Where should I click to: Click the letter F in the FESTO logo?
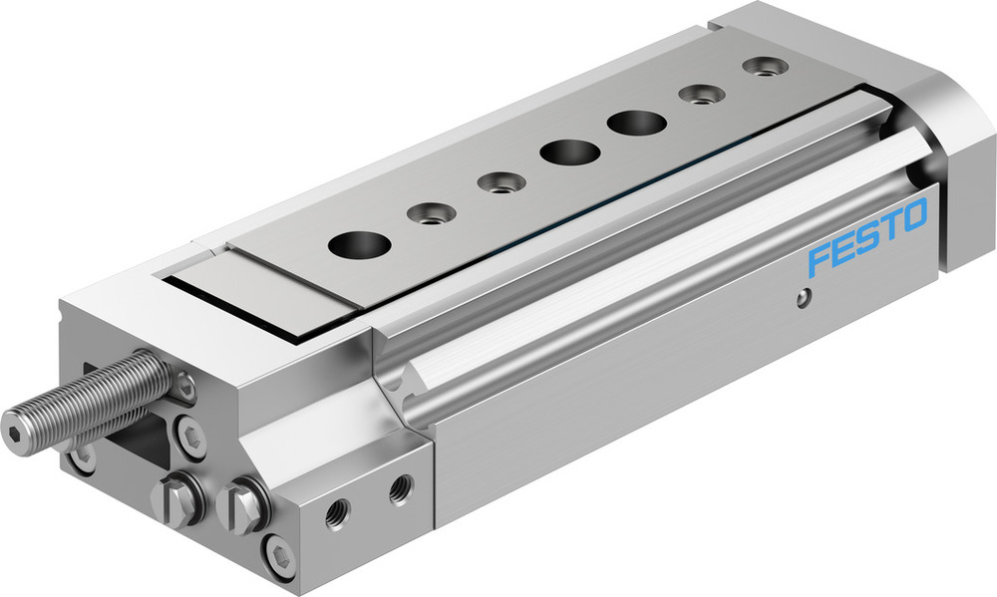pos(820,259)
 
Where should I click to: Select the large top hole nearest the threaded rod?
pos(360,242)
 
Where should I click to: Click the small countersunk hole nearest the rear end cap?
pos(765,67)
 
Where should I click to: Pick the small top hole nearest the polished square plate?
pos(432,212)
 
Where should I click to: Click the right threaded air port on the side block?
pos(400,488)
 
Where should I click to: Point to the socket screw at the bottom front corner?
pos(278,555)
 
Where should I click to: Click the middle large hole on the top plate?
pos(570,152)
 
